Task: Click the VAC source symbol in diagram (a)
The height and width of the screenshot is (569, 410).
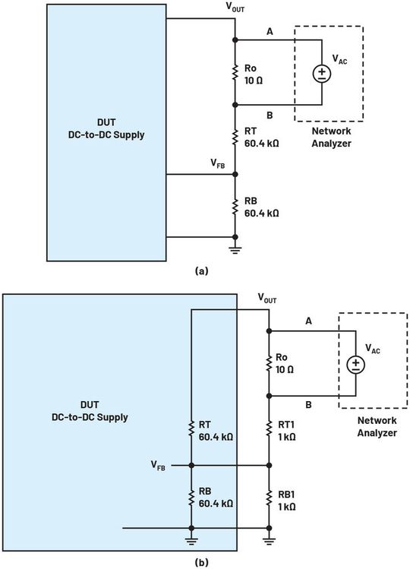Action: tap(323, 74)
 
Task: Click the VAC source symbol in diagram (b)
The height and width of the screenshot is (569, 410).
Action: tap(355, 365)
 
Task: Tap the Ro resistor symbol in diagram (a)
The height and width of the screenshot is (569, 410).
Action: tap(236, 72)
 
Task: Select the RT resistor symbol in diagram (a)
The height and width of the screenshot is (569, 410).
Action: tap(236, 138)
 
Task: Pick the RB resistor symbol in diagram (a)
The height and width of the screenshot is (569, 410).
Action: tap(236, 207)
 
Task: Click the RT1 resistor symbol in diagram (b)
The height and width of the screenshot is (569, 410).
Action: tap(268, 430)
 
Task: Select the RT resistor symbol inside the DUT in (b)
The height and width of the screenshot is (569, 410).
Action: tap(191, 430)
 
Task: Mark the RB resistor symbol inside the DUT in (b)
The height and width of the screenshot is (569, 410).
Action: tap(191, 495)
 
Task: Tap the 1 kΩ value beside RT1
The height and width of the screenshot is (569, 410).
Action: tap(286, 437)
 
